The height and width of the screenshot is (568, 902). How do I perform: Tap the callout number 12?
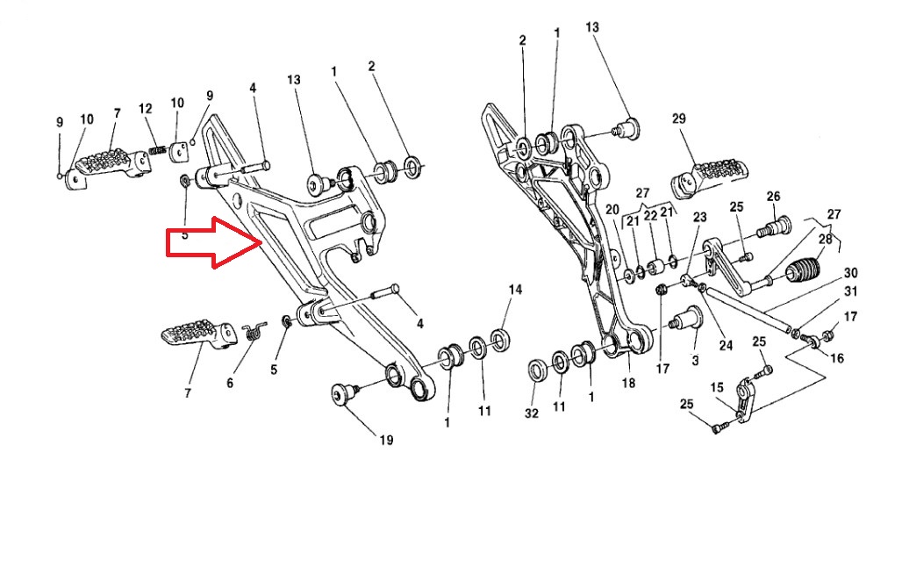coord(146,108)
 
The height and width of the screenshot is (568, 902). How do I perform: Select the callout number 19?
coord(386,440)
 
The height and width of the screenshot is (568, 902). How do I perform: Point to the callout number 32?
coord(531,413)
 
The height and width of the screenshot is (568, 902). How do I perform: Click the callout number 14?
coord(515,290)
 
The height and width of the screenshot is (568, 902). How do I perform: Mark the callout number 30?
coord(850,272)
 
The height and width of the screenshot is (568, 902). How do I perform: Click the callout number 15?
coord(717,386)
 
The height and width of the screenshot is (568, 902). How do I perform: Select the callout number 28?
coord(825,239)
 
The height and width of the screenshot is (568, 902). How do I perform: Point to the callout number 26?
coord(773,196)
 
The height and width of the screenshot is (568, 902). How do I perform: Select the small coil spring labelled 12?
coord(159,150)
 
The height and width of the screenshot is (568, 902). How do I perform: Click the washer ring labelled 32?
coord(534,370)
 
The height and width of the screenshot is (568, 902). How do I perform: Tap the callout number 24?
coord(726,345)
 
